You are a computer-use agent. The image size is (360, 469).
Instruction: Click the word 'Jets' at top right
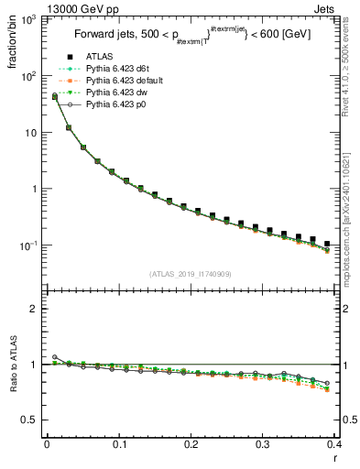pyautogui.click(x=340, y=6)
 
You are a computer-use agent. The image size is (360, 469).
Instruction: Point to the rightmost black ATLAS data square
pyautogui.click(x=327, y=245)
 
